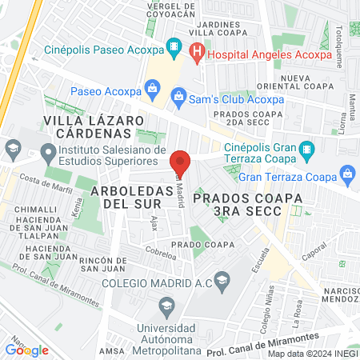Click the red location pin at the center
pos(180,163)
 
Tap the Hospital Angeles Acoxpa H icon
pos(197,54)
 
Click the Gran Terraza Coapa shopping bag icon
pos(347,173)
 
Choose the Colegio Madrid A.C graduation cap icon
pos(222,278)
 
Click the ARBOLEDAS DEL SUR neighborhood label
pos(127,198)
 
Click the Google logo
pos(27,350)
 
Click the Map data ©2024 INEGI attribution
pos(311,354)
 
